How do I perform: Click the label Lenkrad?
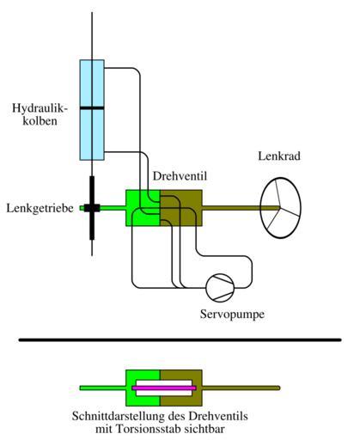click(x=279, y=156)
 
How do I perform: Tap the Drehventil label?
click(x=180, y=176)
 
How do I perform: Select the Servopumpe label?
click(x=232, y=315)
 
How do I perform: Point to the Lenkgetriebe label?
click(x=40, y=208)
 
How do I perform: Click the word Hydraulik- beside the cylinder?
click(x=40, y=108)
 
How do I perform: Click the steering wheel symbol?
click(x=280, y=208)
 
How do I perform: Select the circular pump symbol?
click(x=220, y=288)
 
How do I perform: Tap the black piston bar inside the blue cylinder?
click(x=92, y=108)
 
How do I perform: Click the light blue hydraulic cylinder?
click(x=92, y=110)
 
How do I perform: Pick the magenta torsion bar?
click(x=164, y=388)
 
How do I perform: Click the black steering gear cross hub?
click(x=92, y=208)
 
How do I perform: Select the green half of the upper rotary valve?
click(x=143, y=208)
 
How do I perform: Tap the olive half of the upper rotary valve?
click(x=181, y=208)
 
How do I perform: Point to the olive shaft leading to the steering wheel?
click(x=241, y=208)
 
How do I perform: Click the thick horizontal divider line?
click(x=180, y=339)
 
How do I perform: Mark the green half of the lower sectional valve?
click(x=143, y=388)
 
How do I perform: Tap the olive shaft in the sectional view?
click(x=241, y=388)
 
